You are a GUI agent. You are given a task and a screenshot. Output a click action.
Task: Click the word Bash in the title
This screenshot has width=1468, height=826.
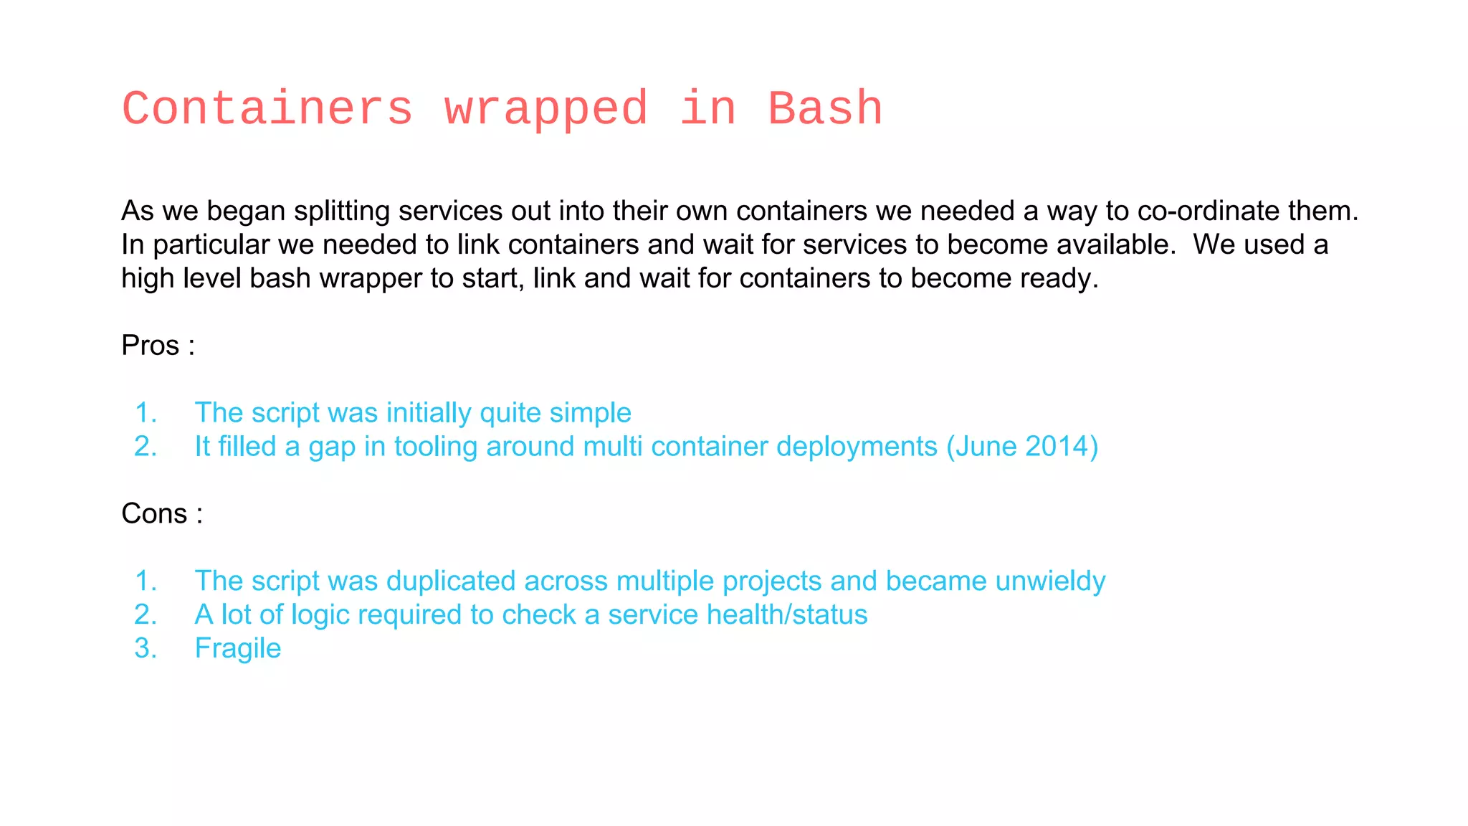pos(824,109)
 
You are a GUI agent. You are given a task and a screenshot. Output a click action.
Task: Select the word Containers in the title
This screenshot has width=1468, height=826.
pos(267,109)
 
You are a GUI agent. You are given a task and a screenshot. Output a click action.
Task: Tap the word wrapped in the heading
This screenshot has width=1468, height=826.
pos(546,109)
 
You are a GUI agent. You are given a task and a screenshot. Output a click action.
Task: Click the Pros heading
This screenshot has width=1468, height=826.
pos(151,346)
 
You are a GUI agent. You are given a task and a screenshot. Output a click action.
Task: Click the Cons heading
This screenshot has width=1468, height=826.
pos(154,513)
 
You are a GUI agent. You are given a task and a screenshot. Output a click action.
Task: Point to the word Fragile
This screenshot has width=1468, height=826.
pos(237,648)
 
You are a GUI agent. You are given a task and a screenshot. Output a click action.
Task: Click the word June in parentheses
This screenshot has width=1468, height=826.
pos(986,446)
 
